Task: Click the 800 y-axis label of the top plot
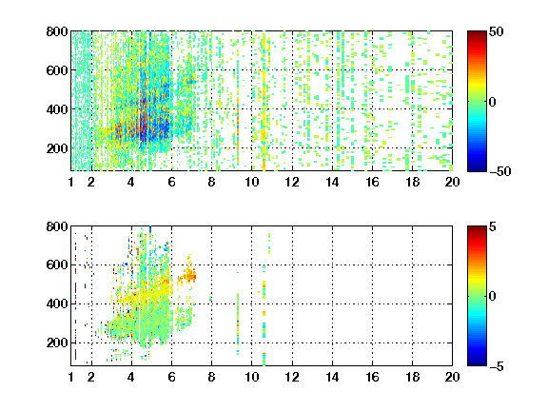(x=57, y=31)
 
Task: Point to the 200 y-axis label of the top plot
(x=57, y=148)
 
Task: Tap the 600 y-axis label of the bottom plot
(x=57, y=264)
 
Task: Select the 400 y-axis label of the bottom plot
(x=57, y=303)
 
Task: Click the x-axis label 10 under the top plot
(x=251, y=182)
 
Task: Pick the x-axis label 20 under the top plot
(x=452, y=182)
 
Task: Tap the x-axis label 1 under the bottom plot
(x=71, y=377)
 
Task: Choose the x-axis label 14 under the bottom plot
(x=332, y=377)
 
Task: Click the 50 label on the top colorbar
(x=496, y=31)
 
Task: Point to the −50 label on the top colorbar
(x=499, y=171)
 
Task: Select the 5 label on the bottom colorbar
(x=493, y=226)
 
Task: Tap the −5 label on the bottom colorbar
(x=497, y=366)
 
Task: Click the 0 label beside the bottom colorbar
(x=493, y=297)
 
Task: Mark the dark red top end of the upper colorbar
(x=477, y=33)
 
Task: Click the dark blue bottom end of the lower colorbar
(x=477, y=363)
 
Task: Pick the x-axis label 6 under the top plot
(x=171, y=182)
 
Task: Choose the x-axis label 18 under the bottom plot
(x=412, y=377)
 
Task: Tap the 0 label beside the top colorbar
(x=493, y=102)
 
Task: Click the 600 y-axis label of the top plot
(x=57, y=70)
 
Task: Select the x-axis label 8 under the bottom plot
(x=211, y=377)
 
